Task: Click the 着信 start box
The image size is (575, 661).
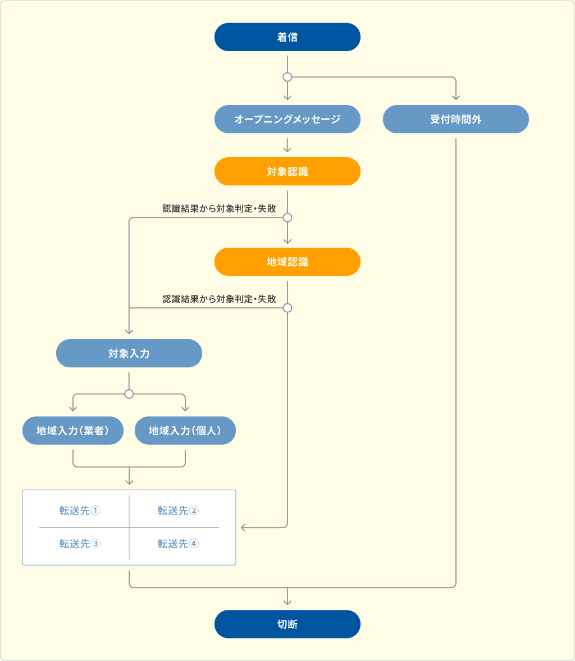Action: click(x=287, y=37)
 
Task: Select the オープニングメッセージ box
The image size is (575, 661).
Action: click(x=287, y=119)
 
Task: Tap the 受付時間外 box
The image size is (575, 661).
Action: click(x=455, y=119)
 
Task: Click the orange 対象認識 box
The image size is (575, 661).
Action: click(x=287, y=171)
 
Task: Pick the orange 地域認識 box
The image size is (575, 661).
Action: click(x=287, y=262)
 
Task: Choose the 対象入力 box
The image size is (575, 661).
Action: click(x=129, y=353)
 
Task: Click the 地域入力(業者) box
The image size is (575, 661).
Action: click(x=72, y=430)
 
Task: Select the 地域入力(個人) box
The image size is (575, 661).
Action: click(x=185, y=430)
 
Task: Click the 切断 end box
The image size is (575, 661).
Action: click(x=287, y=624)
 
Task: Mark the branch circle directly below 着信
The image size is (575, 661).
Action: click(x=287, y=77)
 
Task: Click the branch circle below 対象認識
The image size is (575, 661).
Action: click(x=287, y=217)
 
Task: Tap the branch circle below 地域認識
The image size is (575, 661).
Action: click(x=287, y=308)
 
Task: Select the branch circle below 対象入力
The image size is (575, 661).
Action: click(x=129, y=394)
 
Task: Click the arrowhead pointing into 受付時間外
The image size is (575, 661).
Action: click(x=455, y=97)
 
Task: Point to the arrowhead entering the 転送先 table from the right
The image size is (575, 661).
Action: click(x=244, y=527)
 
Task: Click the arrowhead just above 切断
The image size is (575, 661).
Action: click(x=287, y=601)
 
